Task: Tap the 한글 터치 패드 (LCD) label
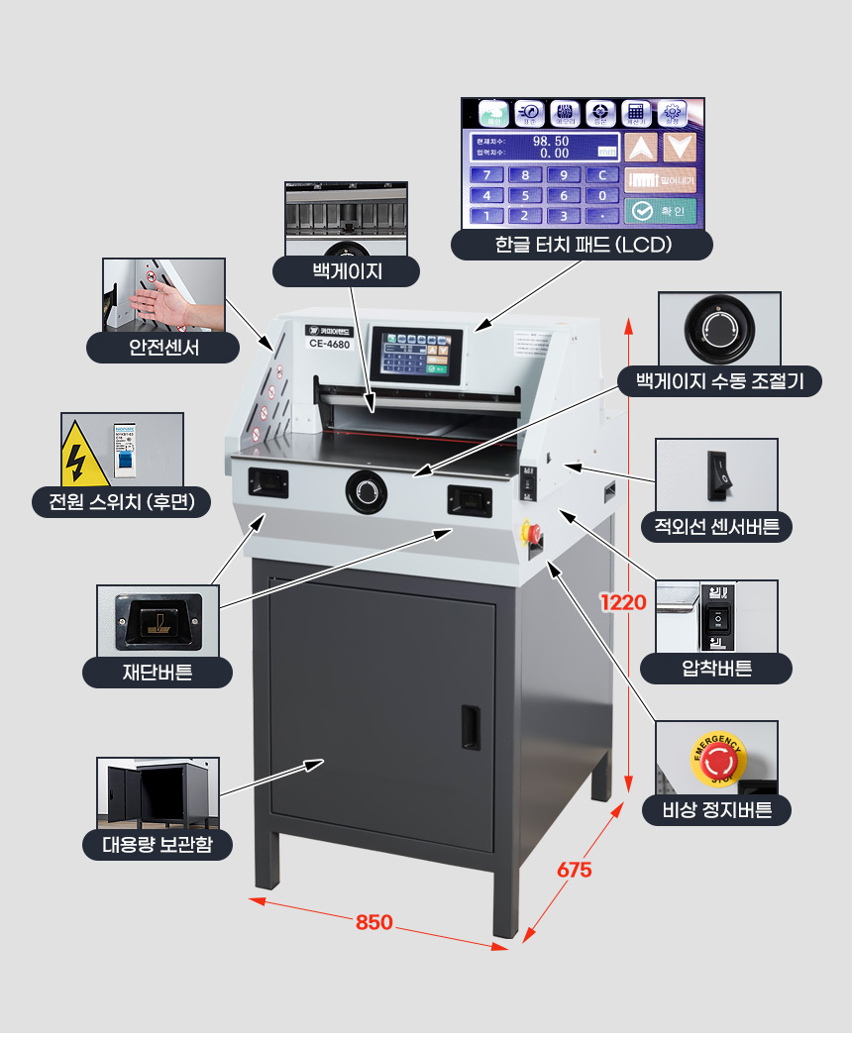pyautogui.click(x=583, y=245)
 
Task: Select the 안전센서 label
pyautogui.click(x=163, y=347)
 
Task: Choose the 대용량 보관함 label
pyautogui.click(x=158, y=845)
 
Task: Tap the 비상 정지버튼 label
pyautogui.click(x=716, y=811)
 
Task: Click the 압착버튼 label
pyautogui.click(x=716, y=669)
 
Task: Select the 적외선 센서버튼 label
pyautogui.click(x=716, y=526)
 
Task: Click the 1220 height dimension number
pyautogui.click(x=623, y=602)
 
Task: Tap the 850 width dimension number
pyautogui.click(x=373, y=922)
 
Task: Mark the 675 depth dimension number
pyautogui.click(x=574, y=870)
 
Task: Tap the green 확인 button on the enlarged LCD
pyautogui.click(x=661, y=211)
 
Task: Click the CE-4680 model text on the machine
pyautogui.click(x=327, y=345)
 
